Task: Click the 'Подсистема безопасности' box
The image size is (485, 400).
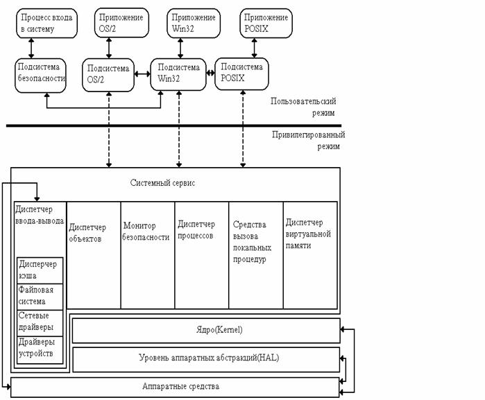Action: [x=41, y=74]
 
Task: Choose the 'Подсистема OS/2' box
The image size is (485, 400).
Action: [x=109, y=74]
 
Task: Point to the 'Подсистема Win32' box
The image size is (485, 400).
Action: [x=178, y=74]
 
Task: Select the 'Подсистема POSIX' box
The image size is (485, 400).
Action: [x=242, y=74]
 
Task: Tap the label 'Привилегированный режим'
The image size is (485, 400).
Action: [x=308, y=141]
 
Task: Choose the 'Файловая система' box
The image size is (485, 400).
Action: [x=40, y=297]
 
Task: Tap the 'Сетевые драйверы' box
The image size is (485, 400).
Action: [x=40, y=322]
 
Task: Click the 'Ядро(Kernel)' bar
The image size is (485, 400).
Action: [x=206, y=331]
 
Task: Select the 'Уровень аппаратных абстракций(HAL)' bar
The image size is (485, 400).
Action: [x=206, y=358]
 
